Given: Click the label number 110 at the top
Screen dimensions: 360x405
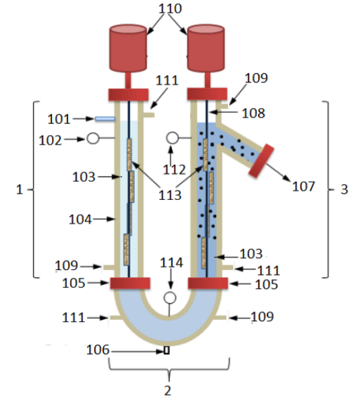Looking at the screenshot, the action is coord(170,8).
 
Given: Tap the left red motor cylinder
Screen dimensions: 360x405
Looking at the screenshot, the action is coord(128,48).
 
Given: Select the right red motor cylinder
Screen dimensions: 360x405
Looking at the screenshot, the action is coord(206,48).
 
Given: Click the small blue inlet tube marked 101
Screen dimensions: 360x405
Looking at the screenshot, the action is coord(105,119).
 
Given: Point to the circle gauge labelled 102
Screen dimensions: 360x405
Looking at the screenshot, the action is coord(93,138).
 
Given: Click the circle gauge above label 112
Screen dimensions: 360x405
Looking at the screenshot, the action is coord(172,138).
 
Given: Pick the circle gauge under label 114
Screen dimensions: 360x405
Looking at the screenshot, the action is coord(170,298).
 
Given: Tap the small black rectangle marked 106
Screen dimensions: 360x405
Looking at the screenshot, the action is coord(167,350).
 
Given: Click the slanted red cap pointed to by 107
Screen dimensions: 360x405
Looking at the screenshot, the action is coord(261,161).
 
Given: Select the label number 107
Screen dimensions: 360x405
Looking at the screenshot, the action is coord(304,186).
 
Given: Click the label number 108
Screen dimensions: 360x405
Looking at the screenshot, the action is coord(253,113).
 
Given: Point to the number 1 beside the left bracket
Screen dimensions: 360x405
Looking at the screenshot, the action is coord(19,190).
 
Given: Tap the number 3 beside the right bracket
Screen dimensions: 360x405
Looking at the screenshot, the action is coord(344,190).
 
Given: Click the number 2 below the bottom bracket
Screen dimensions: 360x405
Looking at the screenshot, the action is coord(167,391).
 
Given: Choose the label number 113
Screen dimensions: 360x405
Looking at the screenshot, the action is coord(169,195).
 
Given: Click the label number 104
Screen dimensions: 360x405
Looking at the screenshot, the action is coord(80,219).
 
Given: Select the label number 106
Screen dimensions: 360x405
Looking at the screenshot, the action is coord(98,350).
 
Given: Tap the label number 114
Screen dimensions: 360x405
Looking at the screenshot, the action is coord(171,263).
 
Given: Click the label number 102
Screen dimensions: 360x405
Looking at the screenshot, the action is coord(51,140).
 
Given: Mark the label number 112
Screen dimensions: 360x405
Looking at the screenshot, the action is coord(174,169).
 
